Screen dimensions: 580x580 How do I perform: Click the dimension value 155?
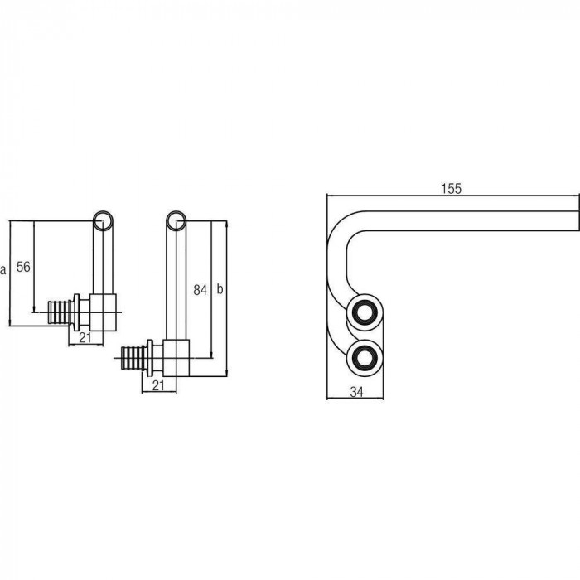pos(452,189)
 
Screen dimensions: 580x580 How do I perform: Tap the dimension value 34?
pos(356,392)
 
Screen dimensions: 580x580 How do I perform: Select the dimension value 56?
pos(23,267)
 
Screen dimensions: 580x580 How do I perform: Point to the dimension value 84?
pos(201,290)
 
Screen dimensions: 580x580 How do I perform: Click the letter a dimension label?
pos(3,269)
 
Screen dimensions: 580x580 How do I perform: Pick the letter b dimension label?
pos(220,289)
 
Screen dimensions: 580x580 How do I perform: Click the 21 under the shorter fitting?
pos(85,337)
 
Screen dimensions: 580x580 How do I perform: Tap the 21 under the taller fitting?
pos(158,385)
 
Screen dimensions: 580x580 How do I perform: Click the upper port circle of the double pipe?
pos(365,313)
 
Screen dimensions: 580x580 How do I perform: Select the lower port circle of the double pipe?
pos(365,357)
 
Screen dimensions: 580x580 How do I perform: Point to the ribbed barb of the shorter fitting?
pos(60,312)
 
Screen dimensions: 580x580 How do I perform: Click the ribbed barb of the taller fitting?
pos(133,358)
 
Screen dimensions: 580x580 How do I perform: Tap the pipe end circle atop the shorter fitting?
pos(103,221)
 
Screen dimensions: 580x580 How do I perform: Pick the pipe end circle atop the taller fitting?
pos(176,221)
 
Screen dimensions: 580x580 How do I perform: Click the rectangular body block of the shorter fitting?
pos(104,312)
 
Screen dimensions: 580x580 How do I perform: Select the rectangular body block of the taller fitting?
pos(176,358)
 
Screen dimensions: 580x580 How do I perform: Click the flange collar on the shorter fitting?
pos(76,312)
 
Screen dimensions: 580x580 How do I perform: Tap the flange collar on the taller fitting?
pos(150,358)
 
